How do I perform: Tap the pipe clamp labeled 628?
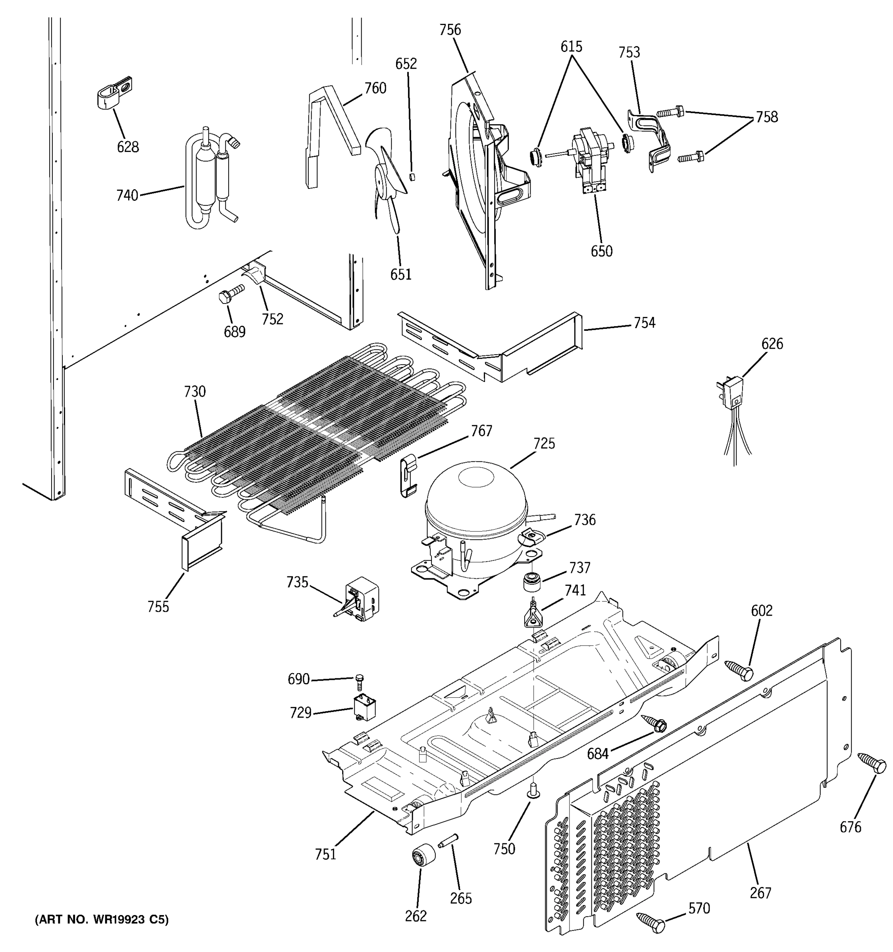[113, 92]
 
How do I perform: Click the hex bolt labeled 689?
[231, 294]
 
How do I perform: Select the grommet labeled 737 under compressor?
[531, 582]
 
